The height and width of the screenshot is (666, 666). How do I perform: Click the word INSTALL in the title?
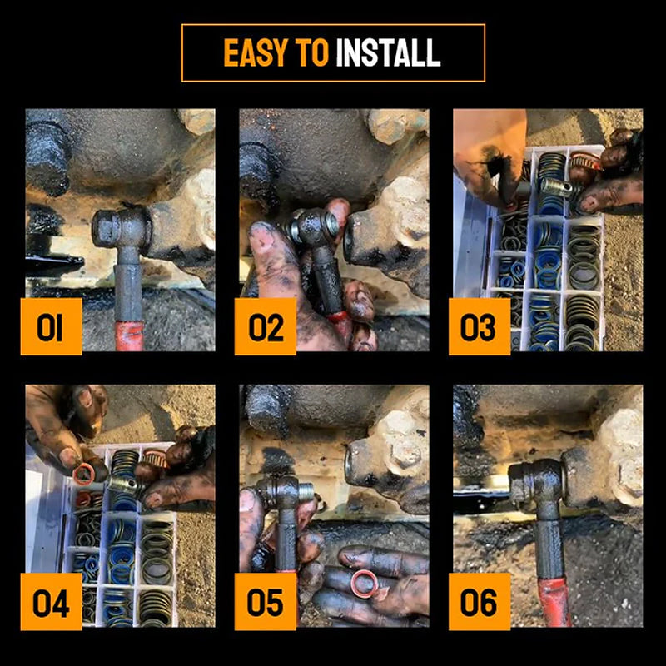[x=387, y=53]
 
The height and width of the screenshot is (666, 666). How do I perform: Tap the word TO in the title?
[x=313, y=53]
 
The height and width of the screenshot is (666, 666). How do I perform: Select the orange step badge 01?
[x=51, y=327]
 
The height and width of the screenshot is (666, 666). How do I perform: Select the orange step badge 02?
[x=265, y=327]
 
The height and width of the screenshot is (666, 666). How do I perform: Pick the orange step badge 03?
[x=479, y=327]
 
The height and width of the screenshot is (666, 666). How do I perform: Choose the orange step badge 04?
[x=51, y=603]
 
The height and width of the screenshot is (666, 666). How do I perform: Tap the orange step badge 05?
[x=265, y=603]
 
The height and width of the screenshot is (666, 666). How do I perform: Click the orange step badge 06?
[x=479, y=603]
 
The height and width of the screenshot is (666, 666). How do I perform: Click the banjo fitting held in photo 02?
[x=314, y=226]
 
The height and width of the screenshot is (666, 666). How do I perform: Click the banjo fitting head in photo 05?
[x=284, y=493]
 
